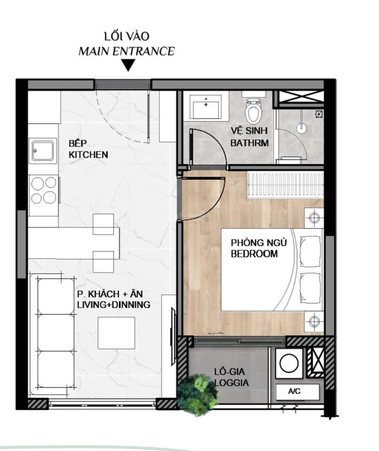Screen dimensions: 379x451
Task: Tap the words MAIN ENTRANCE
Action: [x=126, y=51]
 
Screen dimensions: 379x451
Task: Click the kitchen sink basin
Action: [x=43, y=150]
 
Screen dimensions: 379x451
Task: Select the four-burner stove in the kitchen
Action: [x=44, y=190]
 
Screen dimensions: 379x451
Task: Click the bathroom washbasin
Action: [x=206, y=106]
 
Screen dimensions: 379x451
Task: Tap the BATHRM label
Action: [x=249, y=143]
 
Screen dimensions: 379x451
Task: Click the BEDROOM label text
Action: [x=254, y=254]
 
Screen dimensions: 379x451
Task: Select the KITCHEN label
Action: [x=88, y=155]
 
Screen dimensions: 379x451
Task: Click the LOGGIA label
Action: [x=232, y=382]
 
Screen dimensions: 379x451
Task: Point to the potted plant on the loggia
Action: [x=198, y=394]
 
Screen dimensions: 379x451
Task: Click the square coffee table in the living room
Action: [x=116, y=333]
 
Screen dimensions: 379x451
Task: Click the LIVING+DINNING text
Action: [x=114, y=304]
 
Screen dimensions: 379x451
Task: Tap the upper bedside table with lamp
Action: [x=314, y=218]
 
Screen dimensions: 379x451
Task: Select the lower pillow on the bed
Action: [x=310, y=288]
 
